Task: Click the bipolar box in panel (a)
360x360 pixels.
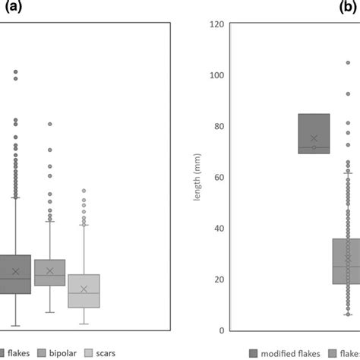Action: [50, 272]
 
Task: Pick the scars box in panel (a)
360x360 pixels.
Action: [84, 291]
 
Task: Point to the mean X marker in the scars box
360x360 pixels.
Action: [84, 289]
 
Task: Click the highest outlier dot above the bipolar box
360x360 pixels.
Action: [50, 124]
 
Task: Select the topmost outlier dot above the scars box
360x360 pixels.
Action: [84, 191]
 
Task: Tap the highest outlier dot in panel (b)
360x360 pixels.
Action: [348, 63]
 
